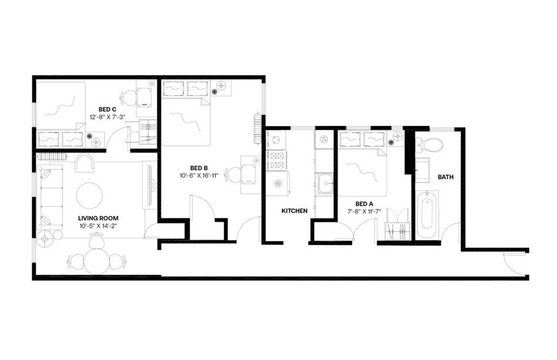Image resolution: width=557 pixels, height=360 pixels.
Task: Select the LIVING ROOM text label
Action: [98, 218]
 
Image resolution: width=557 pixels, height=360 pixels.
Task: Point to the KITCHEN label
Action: [294, 211]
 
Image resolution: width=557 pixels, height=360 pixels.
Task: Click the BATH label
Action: [445, 177]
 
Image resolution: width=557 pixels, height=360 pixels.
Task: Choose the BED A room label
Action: [365, 203]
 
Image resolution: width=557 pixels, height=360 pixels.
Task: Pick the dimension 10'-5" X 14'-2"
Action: [98, 225]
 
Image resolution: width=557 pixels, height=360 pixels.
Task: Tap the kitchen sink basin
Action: [325, 181]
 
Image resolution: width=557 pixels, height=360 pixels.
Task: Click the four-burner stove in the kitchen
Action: [278, 160]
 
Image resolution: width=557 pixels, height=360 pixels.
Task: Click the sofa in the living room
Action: [50, 197]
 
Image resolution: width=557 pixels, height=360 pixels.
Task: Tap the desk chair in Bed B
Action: [233, 175]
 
